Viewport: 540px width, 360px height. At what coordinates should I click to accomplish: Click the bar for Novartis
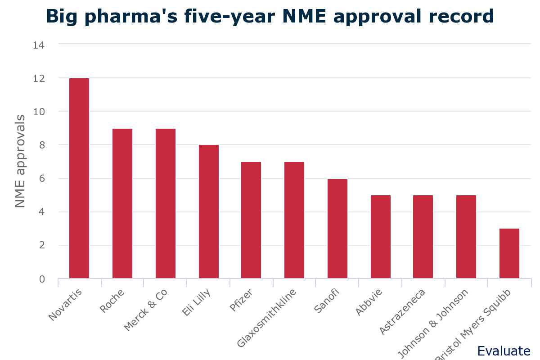pyautogui.click(x=79, y=178)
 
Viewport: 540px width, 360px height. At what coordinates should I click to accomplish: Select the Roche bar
pyautogui.click(x=122, y=203)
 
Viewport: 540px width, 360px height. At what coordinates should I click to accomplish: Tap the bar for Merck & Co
pyautogui.click(x=166, y=203)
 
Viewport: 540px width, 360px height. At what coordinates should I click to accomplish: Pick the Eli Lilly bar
pyautogui.click(x=209, y=211)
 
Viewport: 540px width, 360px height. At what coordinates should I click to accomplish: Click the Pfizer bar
pyautogui.click(x=251, y=220)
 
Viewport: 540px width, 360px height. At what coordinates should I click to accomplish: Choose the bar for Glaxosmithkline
pyautogui.click(x=294, y=220)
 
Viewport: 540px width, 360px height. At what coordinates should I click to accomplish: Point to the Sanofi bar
pyautogui.click(x=337, y=229)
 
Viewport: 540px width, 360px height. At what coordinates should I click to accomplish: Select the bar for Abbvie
pyautogui.click(x=381, y=237)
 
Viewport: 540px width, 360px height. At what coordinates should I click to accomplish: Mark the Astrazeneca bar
pyautogui.click(x=423, y=237)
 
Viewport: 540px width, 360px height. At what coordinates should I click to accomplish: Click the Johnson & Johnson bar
pyautogui.click(x=466, y=237)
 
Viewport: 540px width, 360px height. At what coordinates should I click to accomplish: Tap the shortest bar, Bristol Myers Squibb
pyautogui.click(x=509, y=253)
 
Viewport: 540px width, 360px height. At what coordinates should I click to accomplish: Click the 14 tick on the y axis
pyautogui.click(x=39, y=45)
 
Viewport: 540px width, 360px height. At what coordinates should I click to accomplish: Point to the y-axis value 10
pyautogui.click(x=39, y=112)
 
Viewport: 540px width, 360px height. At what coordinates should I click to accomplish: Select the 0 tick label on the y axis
pyautogui.click(x=42, y=279)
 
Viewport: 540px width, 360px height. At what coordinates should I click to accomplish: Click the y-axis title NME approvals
pyautogui.click(x=20, y=161)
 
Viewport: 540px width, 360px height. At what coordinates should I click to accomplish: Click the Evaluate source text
pyautogui.click(x=504, y=351)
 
